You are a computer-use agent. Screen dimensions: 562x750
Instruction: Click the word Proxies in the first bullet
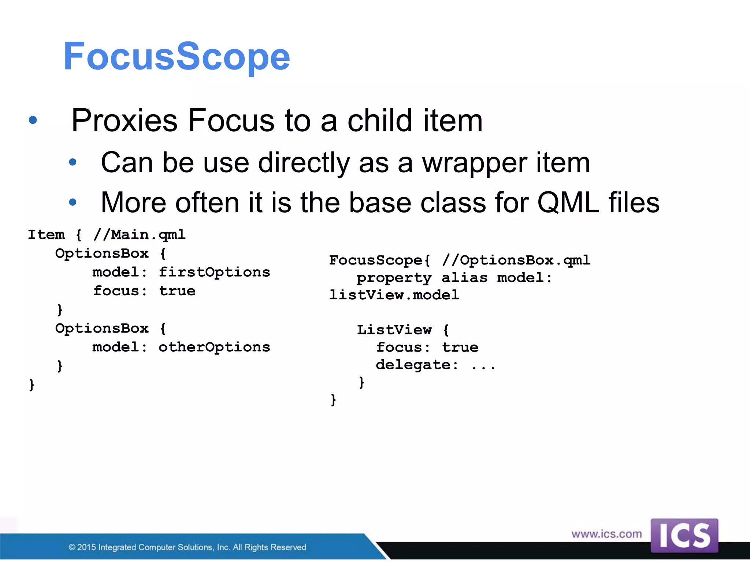point(125,120)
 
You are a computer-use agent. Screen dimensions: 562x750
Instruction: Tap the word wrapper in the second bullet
point(475,163)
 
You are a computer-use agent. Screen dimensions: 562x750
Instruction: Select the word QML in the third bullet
point(568,203)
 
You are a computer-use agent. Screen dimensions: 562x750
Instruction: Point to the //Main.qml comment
point(140,235)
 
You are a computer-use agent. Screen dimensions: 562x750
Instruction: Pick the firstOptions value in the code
point(214,272)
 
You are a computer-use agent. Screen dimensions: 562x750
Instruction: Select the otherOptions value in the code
point(214,347)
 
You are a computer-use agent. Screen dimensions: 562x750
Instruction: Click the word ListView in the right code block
point(394,330)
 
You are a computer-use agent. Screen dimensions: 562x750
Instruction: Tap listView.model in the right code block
point(394,295)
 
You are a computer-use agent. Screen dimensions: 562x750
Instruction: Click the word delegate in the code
point(413,365)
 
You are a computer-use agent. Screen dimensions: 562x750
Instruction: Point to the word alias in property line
point(464,278)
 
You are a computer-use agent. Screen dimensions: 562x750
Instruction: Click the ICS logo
point(684,535)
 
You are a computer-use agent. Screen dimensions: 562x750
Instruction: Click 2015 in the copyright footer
point(86,547)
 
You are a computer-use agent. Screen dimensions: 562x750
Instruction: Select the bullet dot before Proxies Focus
point(33,120)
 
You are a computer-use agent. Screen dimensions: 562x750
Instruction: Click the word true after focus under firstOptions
point(177,291)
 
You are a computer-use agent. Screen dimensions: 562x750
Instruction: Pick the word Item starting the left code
point(47,235)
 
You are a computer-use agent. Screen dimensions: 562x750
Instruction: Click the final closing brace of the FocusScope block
point(333,400)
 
